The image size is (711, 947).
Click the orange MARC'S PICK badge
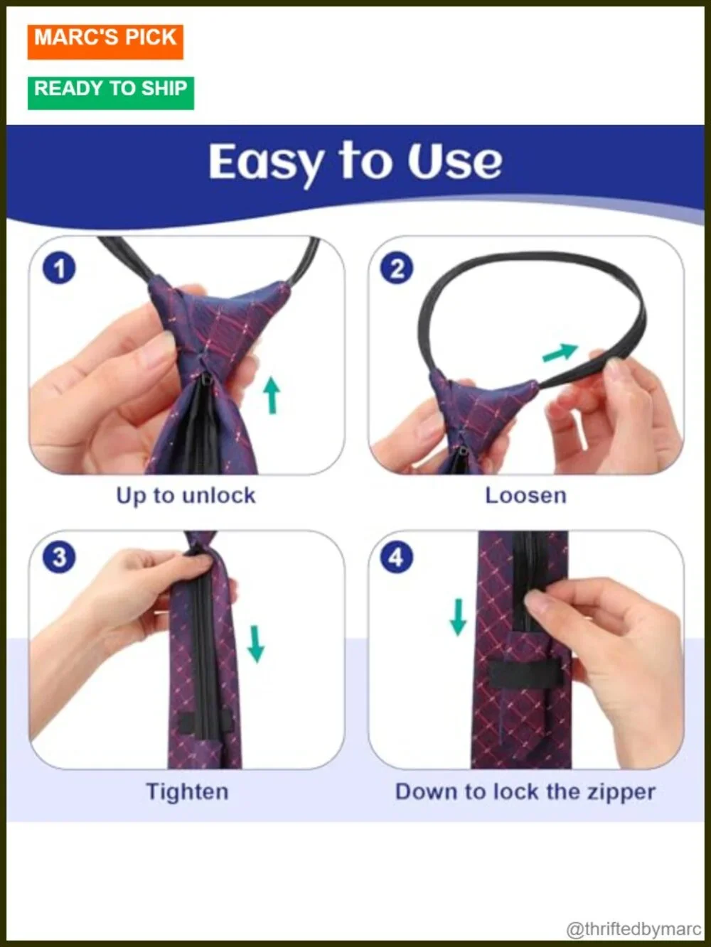[105, 42]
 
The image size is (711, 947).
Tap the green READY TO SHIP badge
[111, 93]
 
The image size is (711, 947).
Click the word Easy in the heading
[266, 163]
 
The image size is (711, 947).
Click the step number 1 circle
[59, 268]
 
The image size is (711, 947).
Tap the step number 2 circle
[396, 268]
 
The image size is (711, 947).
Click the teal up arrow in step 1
[272, 395]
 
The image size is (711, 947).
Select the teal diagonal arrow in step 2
[560, 352]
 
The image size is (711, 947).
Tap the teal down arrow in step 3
[256, 644]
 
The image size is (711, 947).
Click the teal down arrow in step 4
[458, 617]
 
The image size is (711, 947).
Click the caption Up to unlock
[186, 496]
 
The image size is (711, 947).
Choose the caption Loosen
[526, 495]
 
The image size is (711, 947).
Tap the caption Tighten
[188, 791]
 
